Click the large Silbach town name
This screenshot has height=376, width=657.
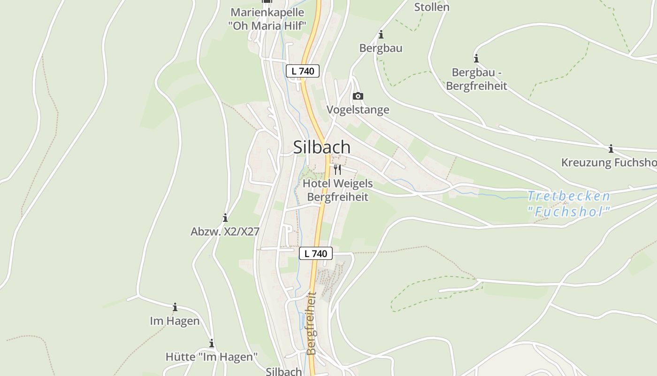point(322,147)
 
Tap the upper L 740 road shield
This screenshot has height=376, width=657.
point(303,71)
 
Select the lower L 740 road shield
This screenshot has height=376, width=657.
point(316,254)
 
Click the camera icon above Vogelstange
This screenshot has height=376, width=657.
point(358,96)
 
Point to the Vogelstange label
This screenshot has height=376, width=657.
point(358,110)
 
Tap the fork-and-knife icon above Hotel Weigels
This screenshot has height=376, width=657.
point(337,169)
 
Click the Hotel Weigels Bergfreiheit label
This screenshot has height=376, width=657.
point(338,190)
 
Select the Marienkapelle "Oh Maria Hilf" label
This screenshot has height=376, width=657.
point(267,19)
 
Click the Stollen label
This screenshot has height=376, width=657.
point(431,7)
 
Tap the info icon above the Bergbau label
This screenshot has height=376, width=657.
point(381,35)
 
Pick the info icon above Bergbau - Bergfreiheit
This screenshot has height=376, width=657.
point(476,59)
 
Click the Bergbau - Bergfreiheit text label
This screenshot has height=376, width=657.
point(476,79)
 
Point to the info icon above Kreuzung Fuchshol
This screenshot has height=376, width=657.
point(611,149)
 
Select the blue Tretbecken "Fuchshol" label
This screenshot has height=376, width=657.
point(569,204)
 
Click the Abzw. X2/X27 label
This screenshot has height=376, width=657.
point(225,232)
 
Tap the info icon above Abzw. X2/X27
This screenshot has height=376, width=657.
point(225,218)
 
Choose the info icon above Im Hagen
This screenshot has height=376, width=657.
point(175,307)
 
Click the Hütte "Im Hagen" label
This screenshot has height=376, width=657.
point(212,357)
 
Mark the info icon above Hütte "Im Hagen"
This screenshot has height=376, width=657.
point(212,343)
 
